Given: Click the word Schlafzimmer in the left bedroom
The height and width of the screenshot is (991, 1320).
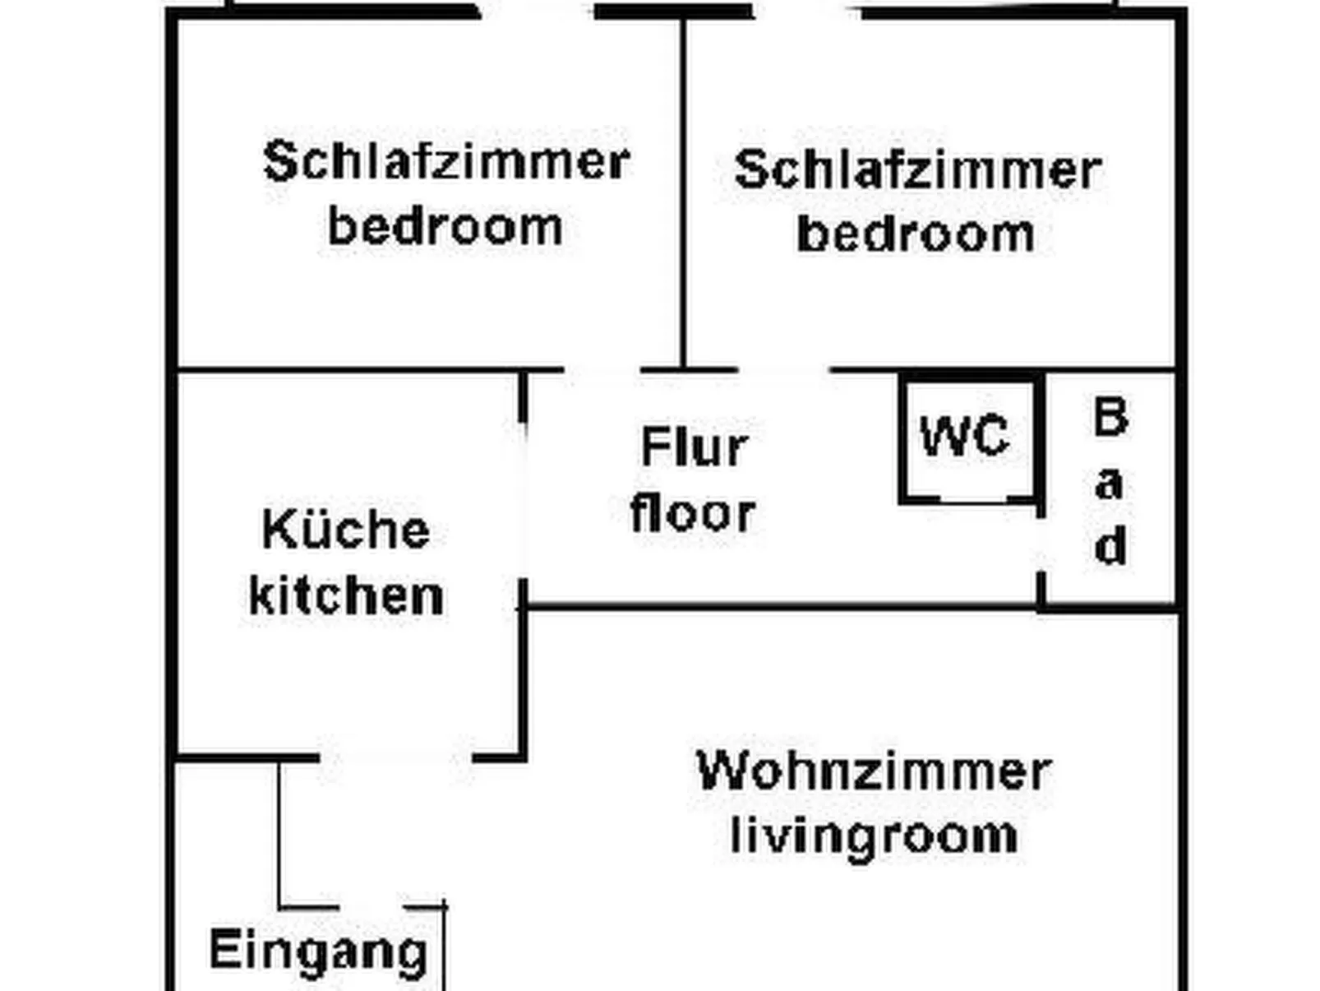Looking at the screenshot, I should tap(446, 162).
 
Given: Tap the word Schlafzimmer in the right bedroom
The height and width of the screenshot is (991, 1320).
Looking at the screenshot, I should tap(917, 171).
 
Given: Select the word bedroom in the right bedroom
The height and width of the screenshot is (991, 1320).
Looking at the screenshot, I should tap(916, 234).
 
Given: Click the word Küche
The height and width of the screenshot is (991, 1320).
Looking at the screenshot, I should tap(345, 530).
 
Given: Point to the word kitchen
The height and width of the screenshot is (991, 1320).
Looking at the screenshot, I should tap(346, 595).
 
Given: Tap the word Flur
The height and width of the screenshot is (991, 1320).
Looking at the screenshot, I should tap(694, 448).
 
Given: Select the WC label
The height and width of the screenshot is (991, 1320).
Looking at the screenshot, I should tap(965, 436).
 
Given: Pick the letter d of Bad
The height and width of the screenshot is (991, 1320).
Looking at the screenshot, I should tap(1110, 546).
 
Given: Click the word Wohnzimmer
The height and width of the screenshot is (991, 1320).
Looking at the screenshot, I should tap(873, 771).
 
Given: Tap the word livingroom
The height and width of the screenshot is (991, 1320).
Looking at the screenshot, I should tap(873, 836).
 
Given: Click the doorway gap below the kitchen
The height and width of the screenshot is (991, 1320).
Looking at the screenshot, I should tap(395, 757).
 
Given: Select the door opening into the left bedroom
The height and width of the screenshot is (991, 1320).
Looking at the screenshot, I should tap(602, 370).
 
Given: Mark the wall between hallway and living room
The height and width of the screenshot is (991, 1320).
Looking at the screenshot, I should tap(781, 607).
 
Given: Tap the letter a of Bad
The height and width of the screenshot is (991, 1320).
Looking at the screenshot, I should tap(1109, 484).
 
